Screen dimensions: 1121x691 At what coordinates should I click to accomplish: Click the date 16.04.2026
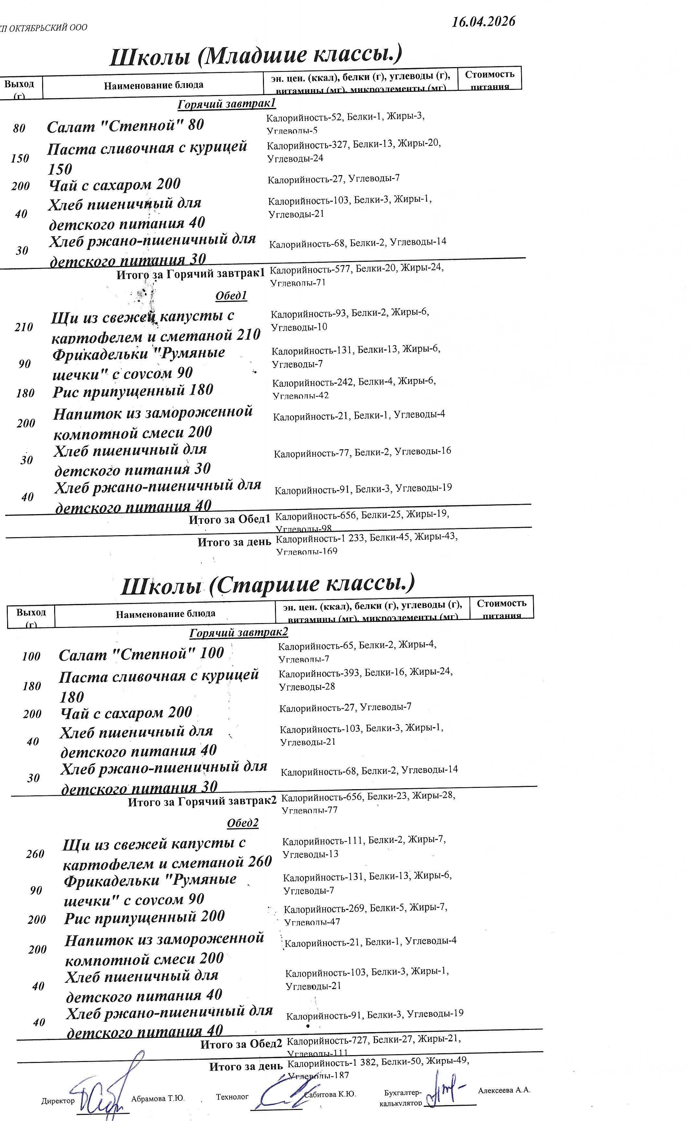[483, 21]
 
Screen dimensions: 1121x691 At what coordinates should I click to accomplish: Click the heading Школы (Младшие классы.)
[256, 55]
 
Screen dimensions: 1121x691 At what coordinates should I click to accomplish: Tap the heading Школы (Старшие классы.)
[268, 585]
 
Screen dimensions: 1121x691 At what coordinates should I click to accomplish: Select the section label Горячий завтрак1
[227, 104]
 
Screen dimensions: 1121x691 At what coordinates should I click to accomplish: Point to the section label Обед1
[231, 296]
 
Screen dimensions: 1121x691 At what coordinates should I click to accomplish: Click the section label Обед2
[243, 823]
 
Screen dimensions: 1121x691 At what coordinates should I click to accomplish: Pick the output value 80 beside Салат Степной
[19, 128]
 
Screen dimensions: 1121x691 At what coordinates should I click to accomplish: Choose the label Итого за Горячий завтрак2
[202, 802]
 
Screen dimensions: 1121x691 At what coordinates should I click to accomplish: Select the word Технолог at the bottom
[232, 1096]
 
